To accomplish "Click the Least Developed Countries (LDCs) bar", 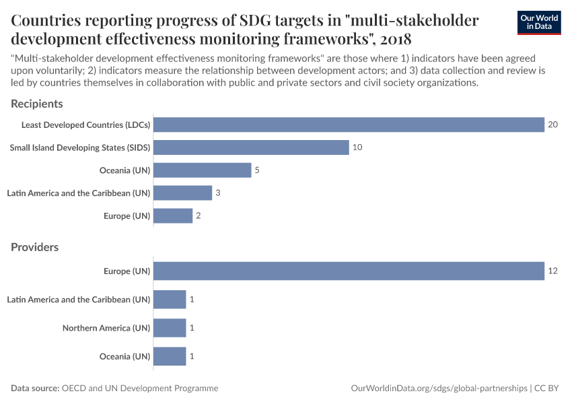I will (x=349, y=125).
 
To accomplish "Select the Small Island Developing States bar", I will (x=251, y=147).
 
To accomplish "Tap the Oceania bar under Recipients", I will (x=202, y=170).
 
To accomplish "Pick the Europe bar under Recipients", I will (x=173, y=215).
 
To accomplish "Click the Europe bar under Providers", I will (x=349, y=271).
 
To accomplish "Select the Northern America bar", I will (x=170, y=328).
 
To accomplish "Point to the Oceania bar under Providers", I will (x=170, y=356).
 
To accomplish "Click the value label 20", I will (x=553, y=125).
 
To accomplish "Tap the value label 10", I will (x=358, y=147).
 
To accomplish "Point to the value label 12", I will (x=553, y=271).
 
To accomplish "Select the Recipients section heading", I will (x=37, y=104).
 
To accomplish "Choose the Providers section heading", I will (x=35, y=247).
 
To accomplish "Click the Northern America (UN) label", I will (x=106, y=328).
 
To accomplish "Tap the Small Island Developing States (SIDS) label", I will (x=80, y=147).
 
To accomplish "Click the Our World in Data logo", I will (x=539, y=22).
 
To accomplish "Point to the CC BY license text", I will (x=548, y=389).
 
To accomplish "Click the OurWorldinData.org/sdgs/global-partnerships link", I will (x=439, y=389).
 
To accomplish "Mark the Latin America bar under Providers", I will (x=170, y=300).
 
